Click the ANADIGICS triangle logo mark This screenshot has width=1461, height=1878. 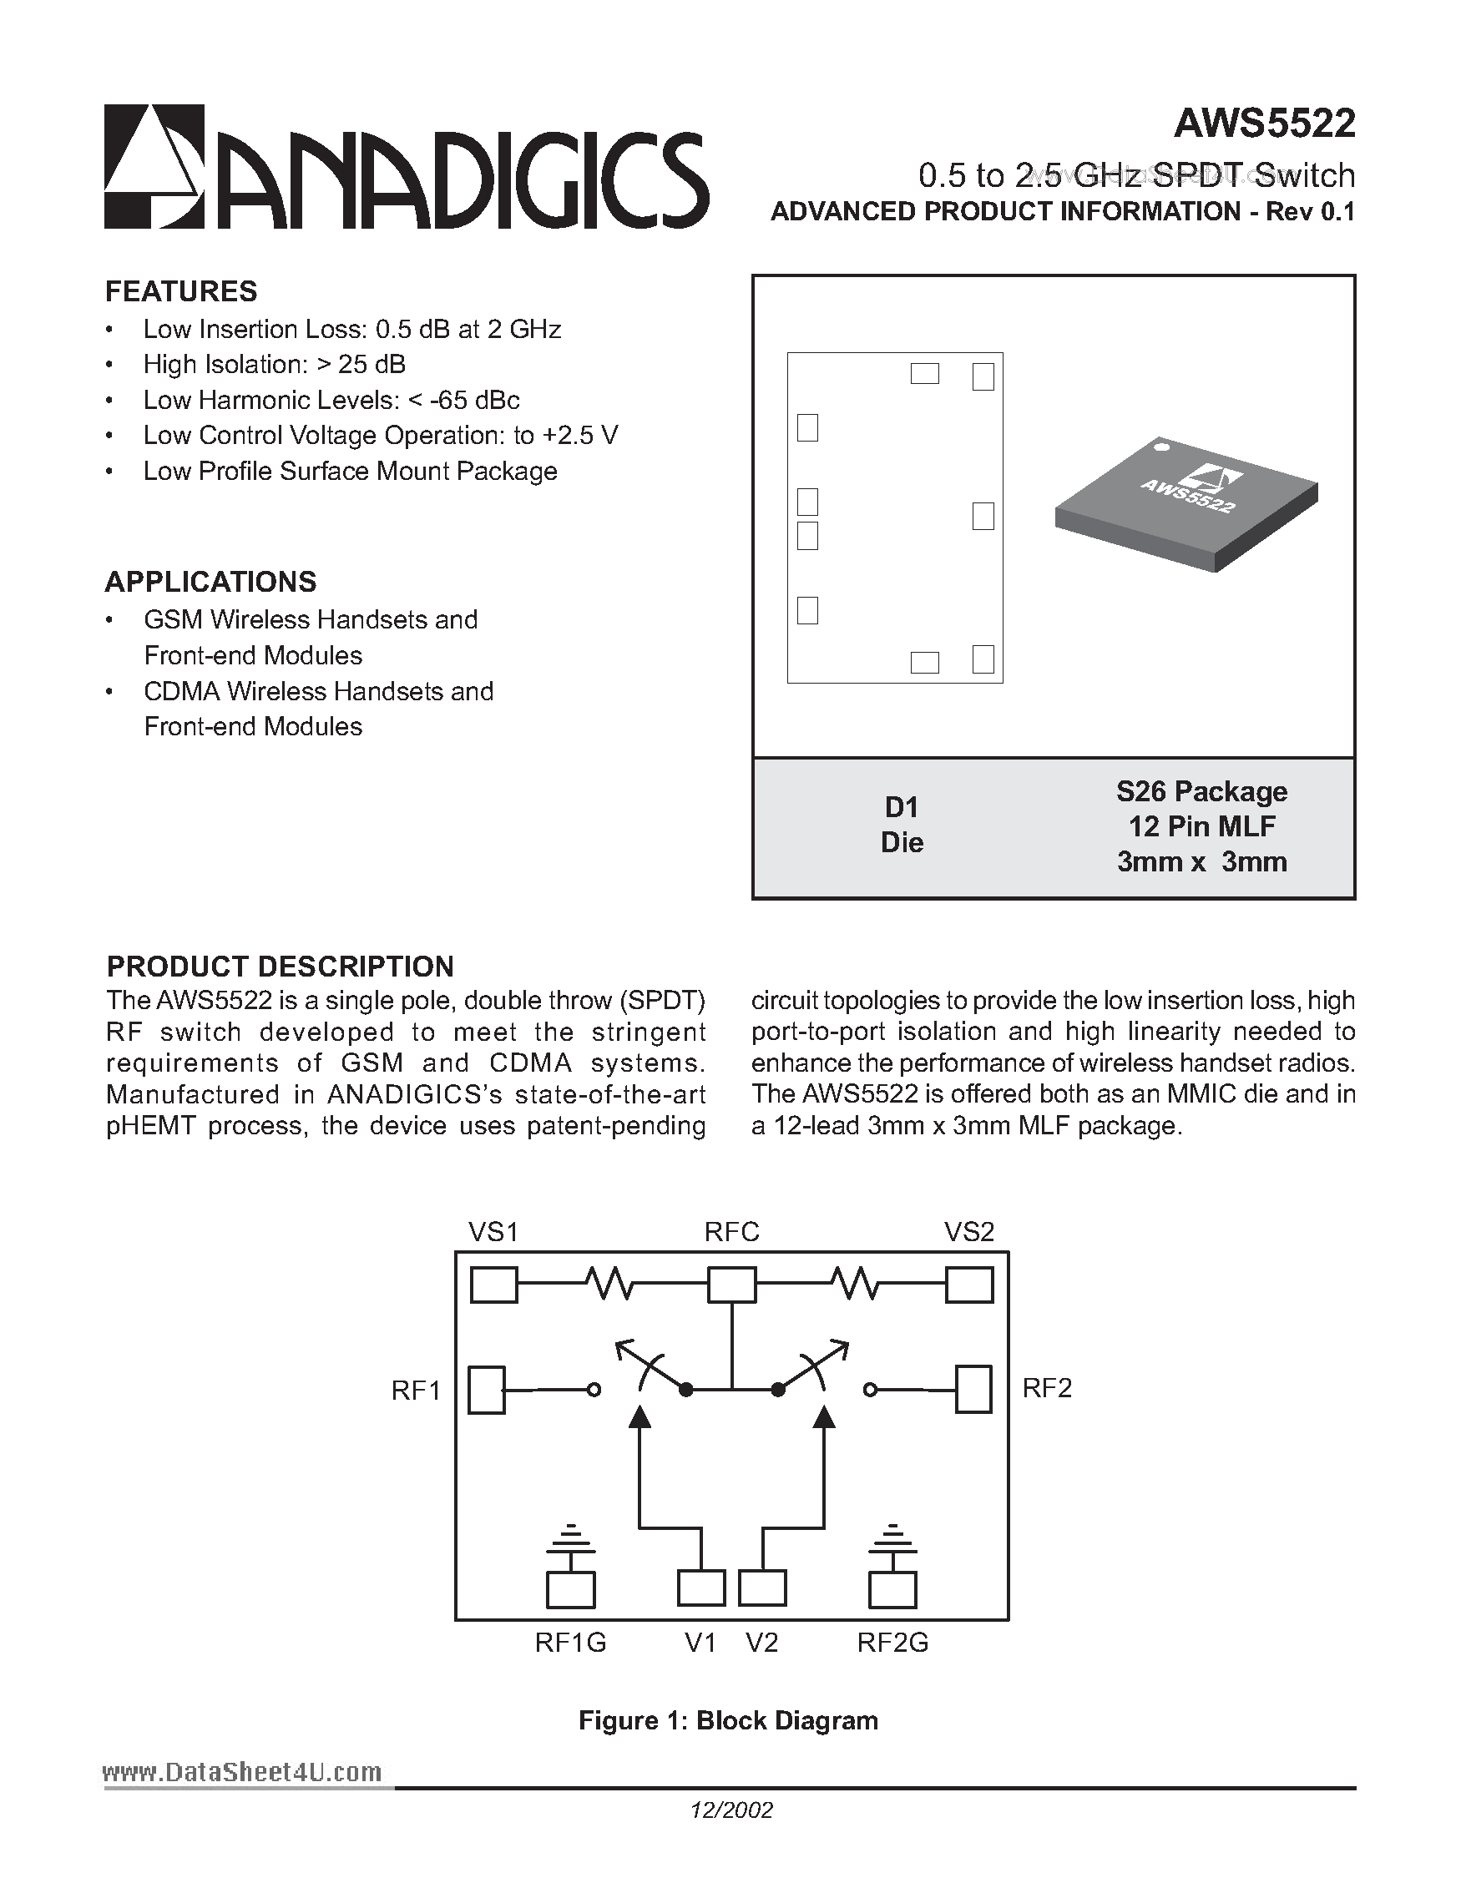point(154,166)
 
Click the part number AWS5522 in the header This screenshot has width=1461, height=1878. point(1264,124)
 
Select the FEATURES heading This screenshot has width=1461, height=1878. point(180,291)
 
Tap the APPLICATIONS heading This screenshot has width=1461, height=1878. point(210,582)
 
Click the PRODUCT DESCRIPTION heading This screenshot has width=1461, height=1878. point(280,967)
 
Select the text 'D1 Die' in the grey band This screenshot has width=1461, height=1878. point(901,825)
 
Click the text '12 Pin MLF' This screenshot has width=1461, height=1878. point(1201,826)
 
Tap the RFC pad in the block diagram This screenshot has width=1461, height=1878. point(732,1286)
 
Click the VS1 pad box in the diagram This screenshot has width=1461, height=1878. point(493,1286)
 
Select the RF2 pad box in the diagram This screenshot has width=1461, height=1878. point(973,1389)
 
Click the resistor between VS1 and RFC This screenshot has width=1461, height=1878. point(609,1286)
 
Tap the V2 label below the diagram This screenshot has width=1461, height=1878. point(762,1643)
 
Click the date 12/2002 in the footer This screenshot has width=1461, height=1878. point(732,1811)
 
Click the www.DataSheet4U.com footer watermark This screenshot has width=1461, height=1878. point(241,1772)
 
